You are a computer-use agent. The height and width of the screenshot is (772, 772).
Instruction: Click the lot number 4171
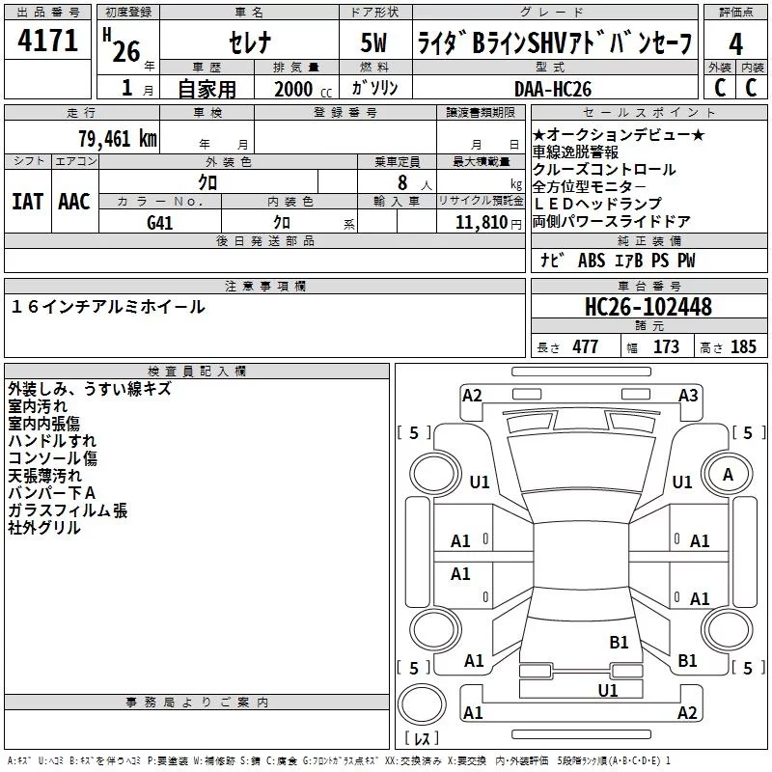pos(47,41)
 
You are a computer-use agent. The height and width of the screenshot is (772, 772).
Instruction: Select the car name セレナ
pos(250,42)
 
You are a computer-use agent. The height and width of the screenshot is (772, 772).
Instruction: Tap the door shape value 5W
pos(373,42)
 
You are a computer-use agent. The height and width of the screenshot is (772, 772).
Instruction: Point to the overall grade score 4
pos(735,44)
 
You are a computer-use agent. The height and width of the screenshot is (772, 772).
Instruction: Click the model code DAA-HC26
pos(553,89)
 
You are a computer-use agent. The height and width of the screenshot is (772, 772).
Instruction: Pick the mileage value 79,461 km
pos(118,139)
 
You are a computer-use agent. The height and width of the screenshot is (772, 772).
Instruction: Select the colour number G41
pos(160,223)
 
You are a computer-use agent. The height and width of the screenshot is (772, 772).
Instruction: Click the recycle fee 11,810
pos(482,223)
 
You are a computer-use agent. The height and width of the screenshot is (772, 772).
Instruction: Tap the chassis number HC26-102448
pos(648,306)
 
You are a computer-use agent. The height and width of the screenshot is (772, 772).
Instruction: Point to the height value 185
pos(743,347)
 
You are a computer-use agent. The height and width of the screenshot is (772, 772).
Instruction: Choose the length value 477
pos(586,347)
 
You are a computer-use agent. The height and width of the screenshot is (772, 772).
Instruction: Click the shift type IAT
pos(27,202)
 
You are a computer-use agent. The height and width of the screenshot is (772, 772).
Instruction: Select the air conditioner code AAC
pos(74,202)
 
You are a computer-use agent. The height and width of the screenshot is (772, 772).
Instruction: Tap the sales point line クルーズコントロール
pos(604,170)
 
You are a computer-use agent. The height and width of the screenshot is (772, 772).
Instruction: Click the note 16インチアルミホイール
pos(108,307)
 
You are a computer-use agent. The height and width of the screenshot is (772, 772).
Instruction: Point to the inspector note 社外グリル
pos(44,528)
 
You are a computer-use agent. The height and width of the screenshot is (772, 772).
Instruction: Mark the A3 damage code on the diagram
pos(688,396)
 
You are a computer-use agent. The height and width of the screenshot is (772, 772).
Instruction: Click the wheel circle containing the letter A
pos(728,474)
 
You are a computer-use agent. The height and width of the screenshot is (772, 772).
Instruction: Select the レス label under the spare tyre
pos(422,738)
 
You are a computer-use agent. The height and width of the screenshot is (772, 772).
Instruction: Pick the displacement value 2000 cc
pos(303,90)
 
